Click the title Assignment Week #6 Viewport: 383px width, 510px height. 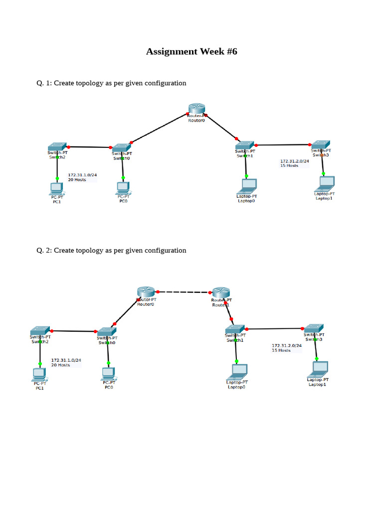coord(191,51)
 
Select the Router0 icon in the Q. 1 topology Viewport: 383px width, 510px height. coord(196,109)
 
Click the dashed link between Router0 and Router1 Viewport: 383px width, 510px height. coord(184,292)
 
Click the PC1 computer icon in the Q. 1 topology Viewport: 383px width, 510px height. coord(57,188)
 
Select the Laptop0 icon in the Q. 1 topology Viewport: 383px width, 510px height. coord(246,186)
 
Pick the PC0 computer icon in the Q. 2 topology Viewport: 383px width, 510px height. coord(108,373)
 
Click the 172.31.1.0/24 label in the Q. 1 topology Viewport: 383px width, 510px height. coord(82,175)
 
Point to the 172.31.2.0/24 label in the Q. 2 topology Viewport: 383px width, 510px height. coord(287,345)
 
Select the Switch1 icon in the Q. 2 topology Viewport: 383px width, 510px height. coord(234,329)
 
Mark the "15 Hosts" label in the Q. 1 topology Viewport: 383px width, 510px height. coord(289,165)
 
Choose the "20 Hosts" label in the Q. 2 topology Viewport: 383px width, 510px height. coord(60,365)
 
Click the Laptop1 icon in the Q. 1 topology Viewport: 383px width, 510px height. coord(324,184)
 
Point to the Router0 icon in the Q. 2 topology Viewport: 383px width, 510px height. coord(146,292)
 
